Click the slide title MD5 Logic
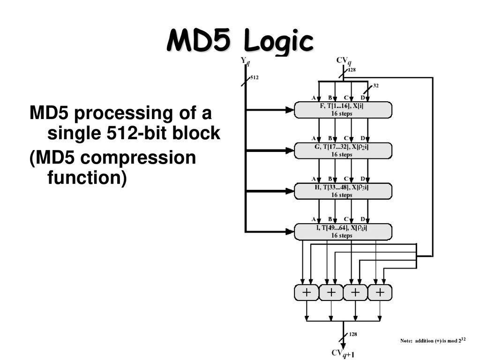(x=240, y=41)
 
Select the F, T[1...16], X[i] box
(x=343, y=110)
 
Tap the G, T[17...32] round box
(x=343, y=150)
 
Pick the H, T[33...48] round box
(x=343, y=191)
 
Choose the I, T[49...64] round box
(x=343, y=232)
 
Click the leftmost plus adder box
(x=307, y=292)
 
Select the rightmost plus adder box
(x=380, y=292)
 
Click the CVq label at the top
(x=344, y=60)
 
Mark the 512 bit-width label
(x=255, y=77)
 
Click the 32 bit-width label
(x=376, y=86)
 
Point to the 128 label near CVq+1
(x=353, y=334)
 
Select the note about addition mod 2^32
(x=433, y=340)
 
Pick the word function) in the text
(x=87, y=178)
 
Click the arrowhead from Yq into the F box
(x=290, y=110)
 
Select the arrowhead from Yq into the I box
(x=290, y=232)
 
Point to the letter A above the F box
(x=314, y=98)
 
